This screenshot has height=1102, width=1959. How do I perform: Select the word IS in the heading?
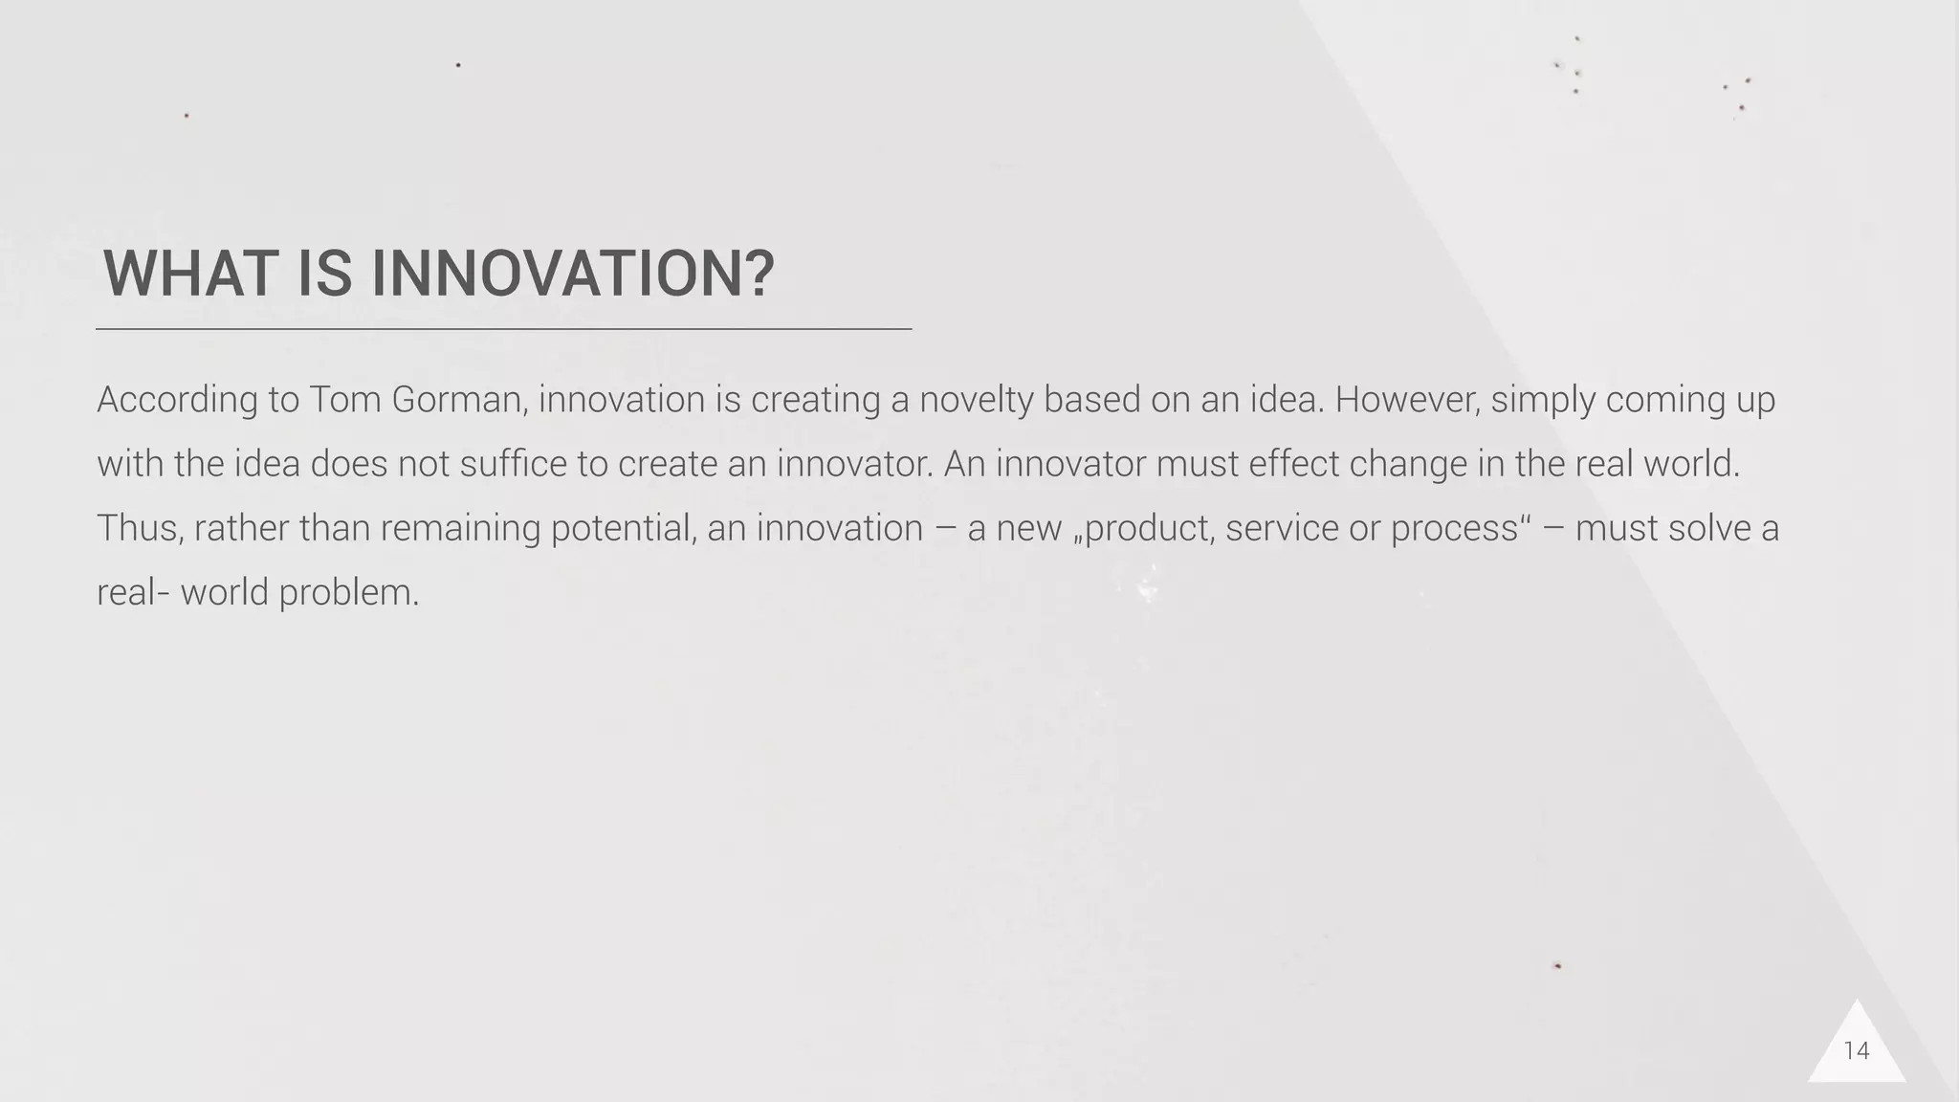point(324,274)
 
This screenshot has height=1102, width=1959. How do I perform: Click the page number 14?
point(1856,1050)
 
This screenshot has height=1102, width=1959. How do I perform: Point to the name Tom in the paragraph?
point(343,400)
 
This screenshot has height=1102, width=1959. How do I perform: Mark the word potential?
point(623,528)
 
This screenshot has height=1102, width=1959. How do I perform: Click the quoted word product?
point(1149,528)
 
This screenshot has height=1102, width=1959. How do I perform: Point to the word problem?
point(348,593)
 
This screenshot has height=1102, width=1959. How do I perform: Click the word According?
point(177,400)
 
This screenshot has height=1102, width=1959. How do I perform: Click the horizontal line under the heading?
point(503,329)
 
